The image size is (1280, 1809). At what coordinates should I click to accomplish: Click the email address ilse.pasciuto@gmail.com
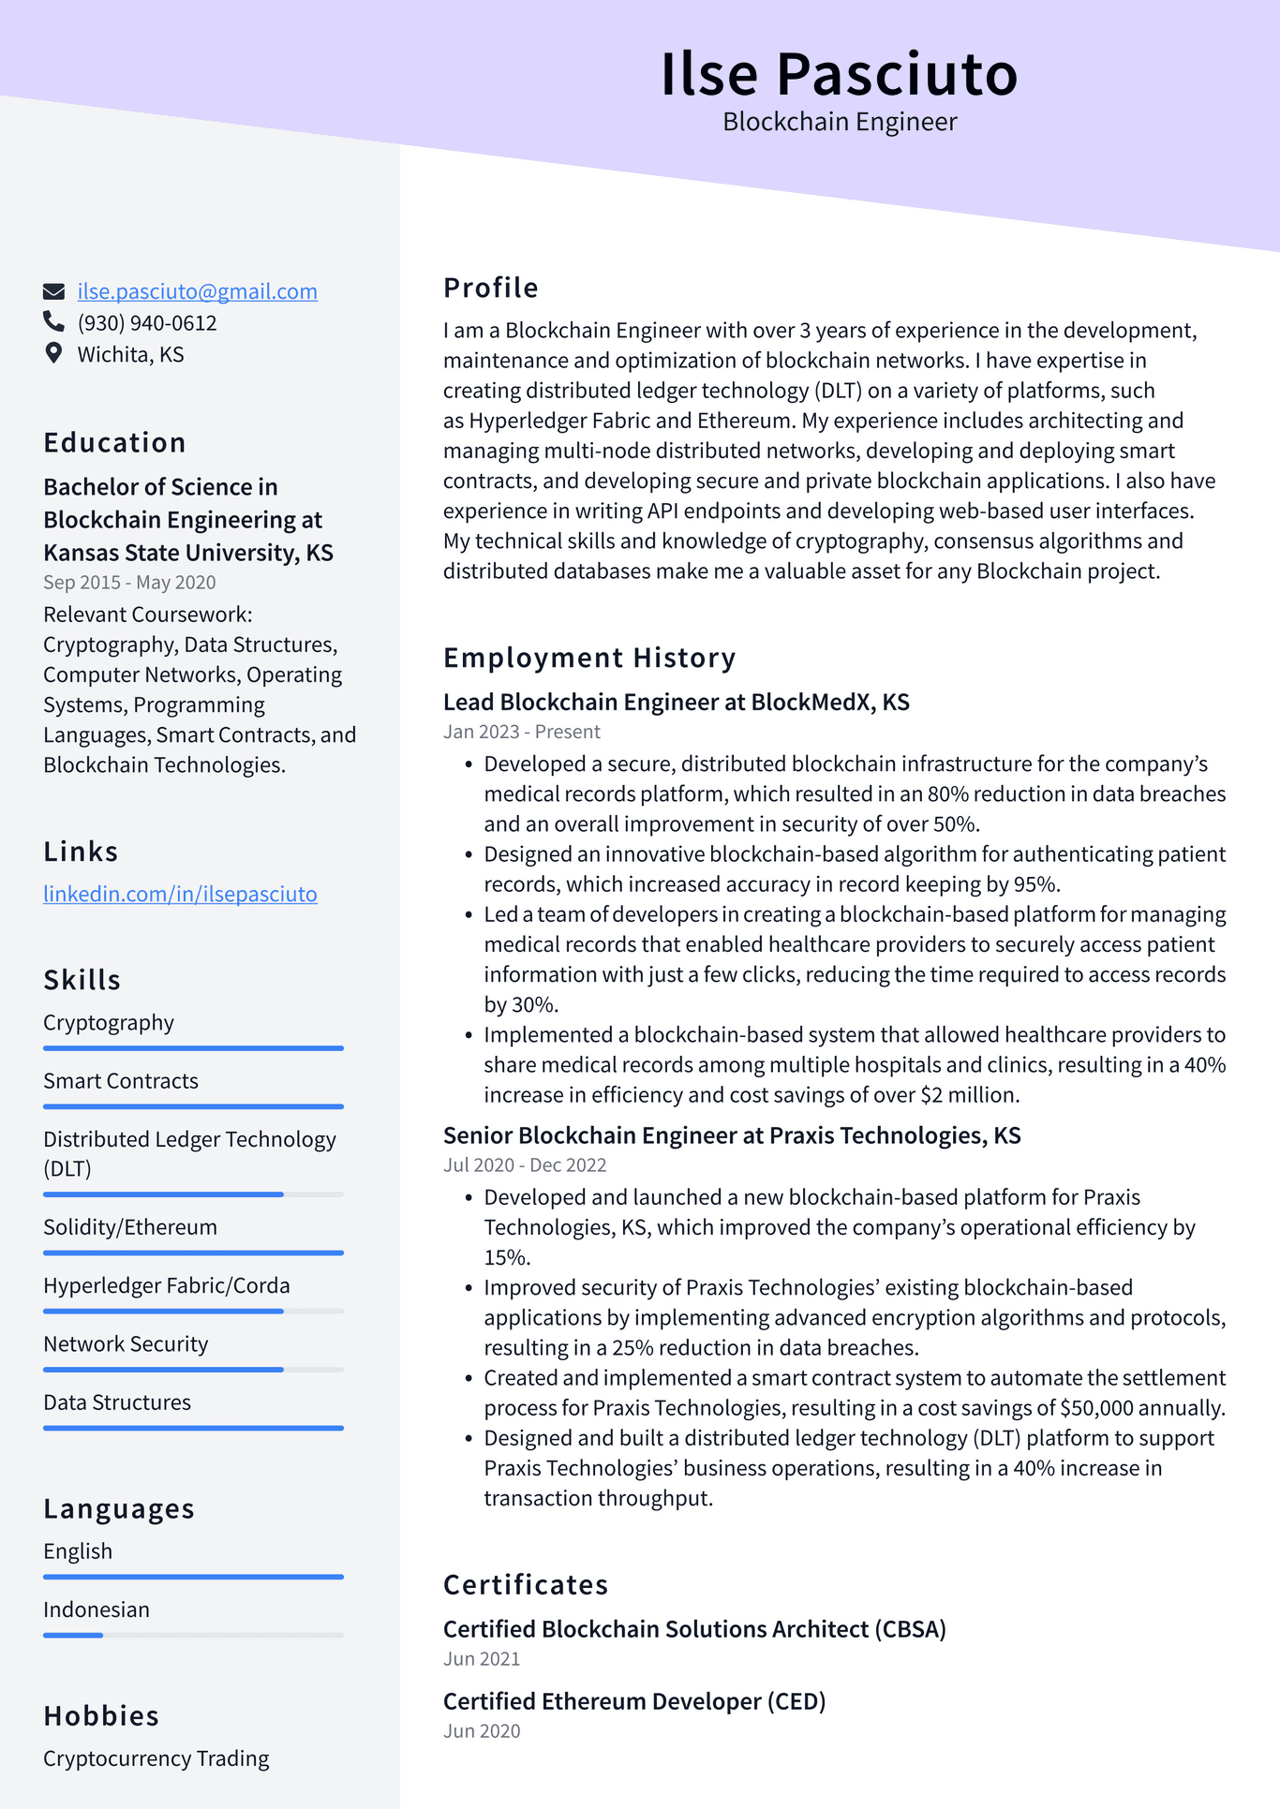(197, 291)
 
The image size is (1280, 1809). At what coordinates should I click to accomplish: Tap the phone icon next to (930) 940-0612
(53, 321)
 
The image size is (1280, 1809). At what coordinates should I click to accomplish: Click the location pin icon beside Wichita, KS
(53, 353)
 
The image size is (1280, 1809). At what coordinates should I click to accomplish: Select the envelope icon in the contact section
(53, 291)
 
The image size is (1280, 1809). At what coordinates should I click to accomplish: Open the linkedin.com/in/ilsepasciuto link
(180, 894)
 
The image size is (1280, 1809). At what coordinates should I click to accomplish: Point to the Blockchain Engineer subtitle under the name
(839, 122)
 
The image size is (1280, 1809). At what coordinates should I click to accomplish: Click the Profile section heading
(490, 288)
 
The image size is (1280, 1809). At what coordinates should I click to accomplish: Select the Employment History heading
(588, 658)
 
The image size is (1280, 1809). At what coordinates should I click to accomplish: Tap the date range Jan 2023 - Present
(521, 732)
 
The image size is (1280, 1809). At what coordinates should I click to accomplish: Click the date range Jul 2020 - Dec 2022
(524, 1165)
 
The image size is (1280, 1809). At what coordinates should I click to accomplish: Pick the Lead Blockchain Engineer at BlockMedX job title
(676, 702)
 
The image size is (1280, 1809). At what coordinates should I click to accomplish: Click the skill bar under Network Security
(193, 1370)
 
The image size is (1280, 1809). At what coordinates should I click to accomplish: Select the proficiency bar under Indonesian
(193, 1635)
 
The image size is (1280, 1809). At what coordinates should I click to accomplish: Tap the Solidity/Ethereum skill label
(129, 1227)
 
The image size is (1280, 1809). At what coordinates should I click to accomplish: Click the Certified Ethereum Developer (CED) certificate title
(633, 1701)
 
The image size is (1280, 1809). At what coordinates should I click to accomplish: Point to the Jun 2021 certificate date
(481, 1659)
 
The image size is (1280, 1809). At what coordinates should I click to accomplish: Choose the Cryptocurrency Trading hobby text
(156, 1758)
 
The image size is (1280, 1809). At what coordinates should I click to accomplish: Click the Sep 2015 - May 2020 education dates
(129, 583)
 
